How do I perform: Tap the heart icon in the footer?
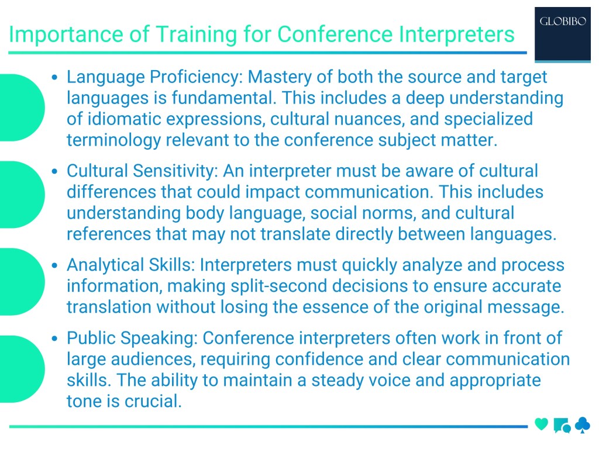pyautogui.click(x=542, y=424)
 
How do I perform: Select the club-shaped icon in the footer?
pyautogui.click(x=583, y=425)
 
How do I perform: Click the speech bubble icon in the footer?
pyautogui.click(x=562, y=426)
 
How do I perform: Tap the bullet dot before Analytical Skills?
pyautogui.click(x=55, y=266)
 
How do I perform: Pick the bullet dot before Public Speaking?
pyautogui.click(x=55, y=339)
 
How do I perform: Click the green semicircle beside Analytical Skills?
pyautogui.click(x=20, y=282)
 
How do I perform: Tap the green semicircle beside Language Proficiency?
pyautogui.click(x=20, y=108)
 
